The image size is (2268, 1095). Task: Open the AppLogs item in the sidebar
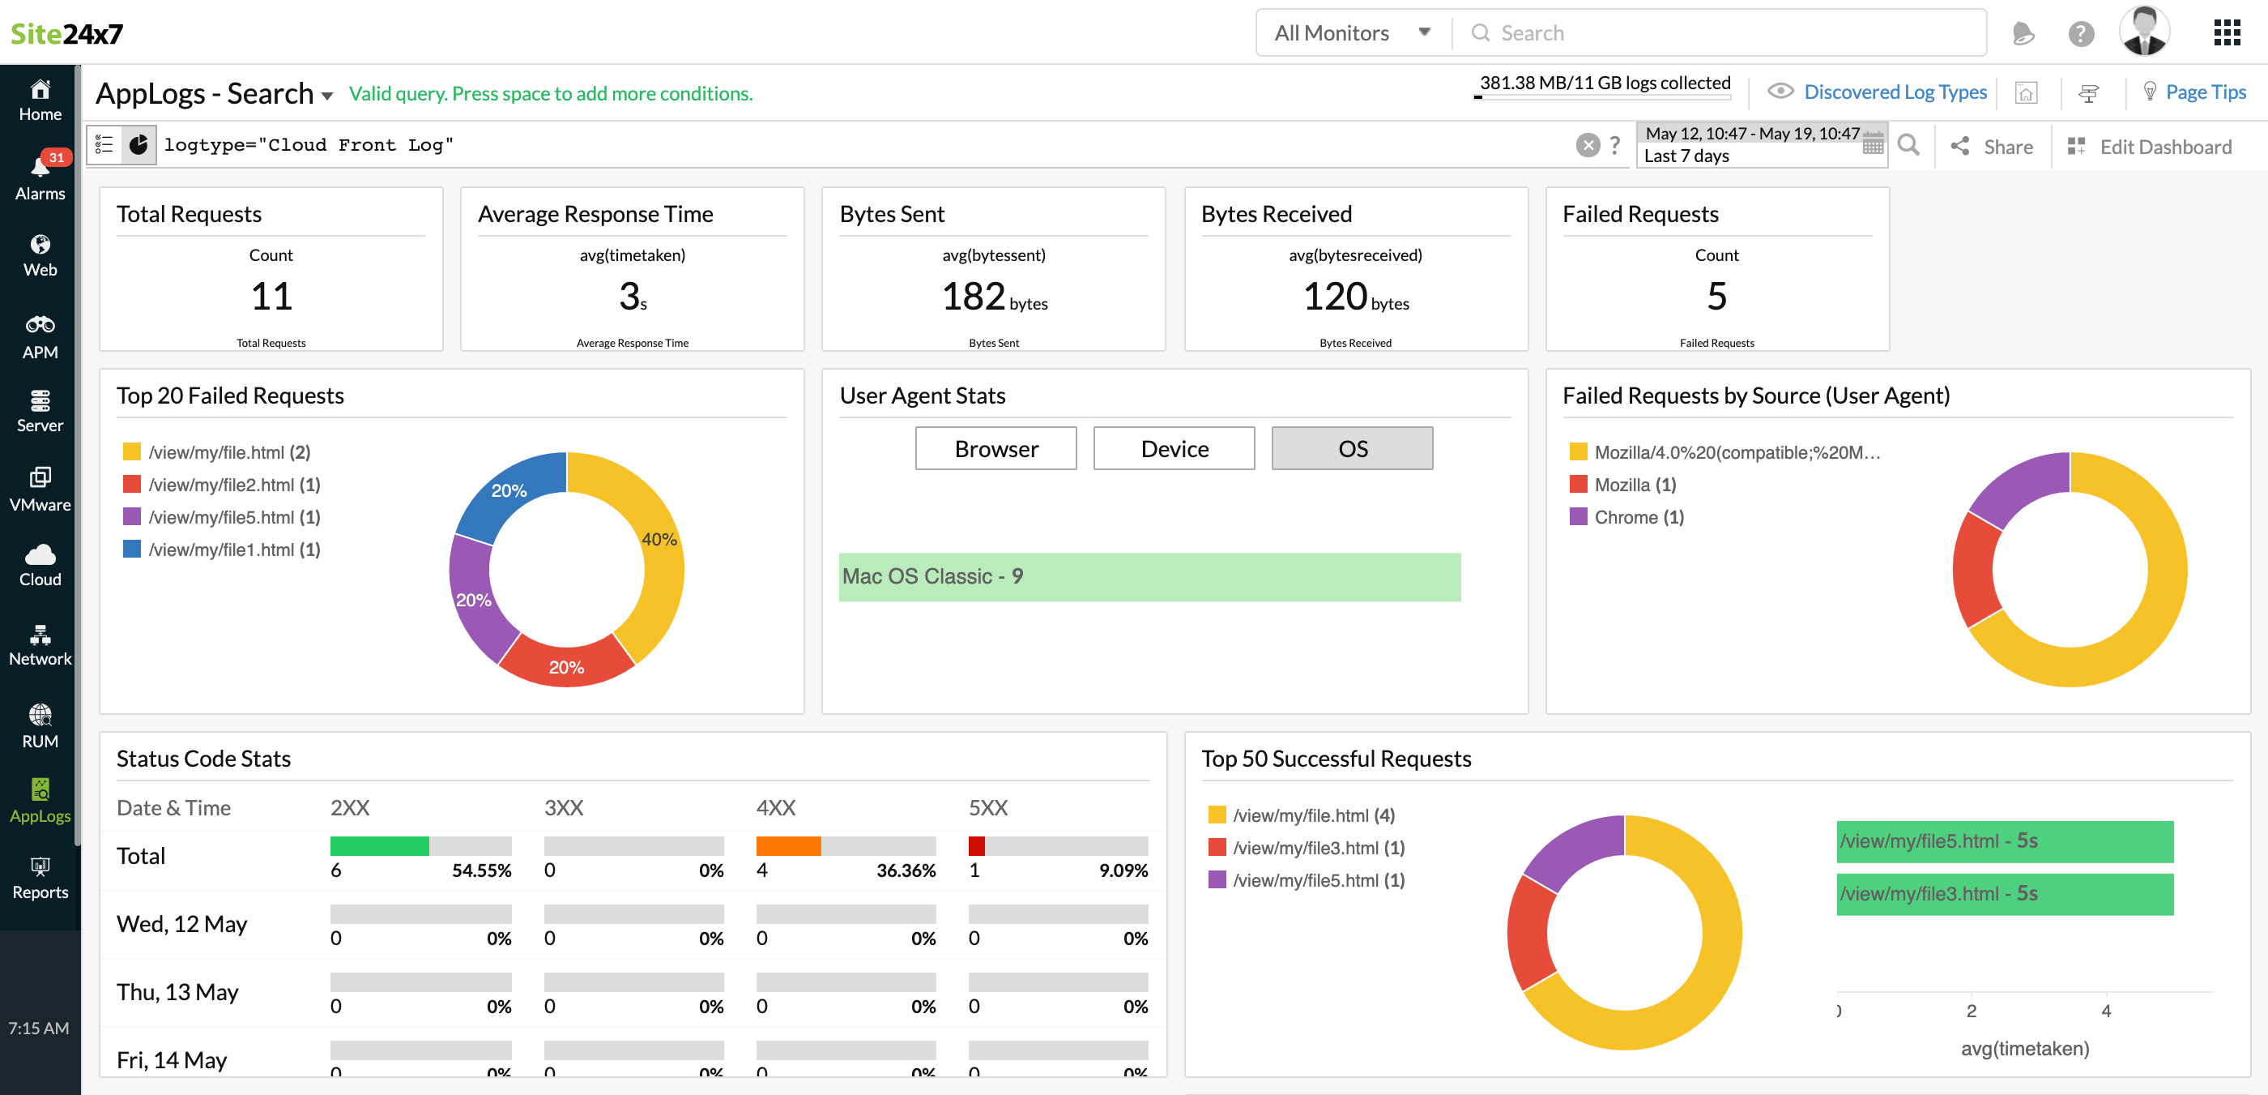pyautogui.click(x=40, y=800)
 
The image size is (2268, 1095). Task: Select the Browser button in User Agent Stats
pyautogui.click(x=995, y=448)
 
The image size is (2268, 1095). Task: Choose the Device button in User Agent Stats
pyautogui.click(x=1173, y=448)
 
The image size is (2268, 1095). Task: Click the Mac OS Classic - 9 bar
pyautogui.click(x=1148, y=577)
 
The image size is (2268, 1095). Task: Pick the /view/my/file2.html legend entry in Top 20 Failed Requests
pyautogui.click(x=233, y=485)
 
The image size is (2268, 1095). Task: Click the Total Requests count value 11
pyautogui.click(x=271, y=296)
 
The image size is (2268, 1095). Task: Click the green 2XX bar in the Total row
pyautogui.click(x=378, y=845)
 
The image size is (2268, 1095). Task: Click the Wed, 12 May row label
pyautogui.click(x=181, y=923)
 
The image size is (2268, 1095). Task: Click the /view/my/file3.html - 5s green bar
pyautogui.click(x=2003, y=893)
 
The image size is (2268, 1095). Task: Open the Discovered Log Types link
pyautogui.click(x=1894, y=92)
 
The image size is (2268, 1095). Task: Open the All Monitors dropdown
pyautogui.click(x=1350, y=32)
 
